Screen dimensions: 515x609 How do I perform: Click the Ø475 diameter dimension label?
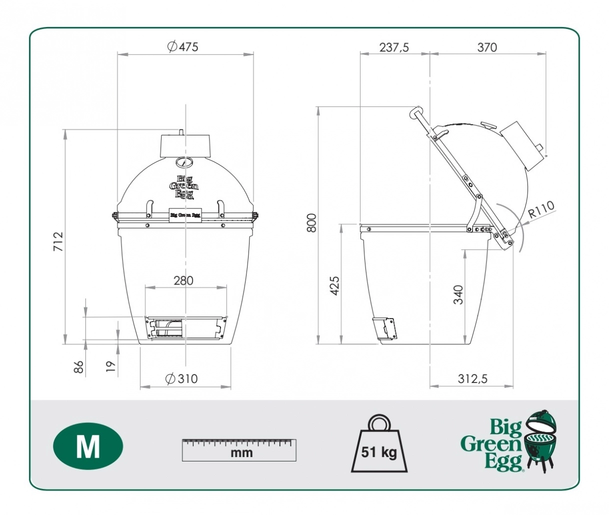183,47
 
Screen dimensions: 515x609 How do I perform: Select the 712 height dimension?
58,241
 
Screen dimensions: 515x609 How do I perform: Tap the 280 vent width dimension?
183,280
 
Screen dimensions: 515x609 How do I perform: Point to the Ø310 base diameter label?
182,378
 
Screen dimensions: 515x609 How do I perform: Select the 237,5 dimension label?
394,47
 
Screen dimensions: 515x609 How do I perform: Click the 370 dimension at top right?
487,47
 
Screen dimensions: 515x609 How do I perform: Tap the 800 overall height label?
311,223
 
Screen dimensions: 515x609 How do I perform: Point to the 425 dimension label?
335,285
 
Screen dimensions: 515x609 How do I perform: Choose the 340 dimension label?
458,295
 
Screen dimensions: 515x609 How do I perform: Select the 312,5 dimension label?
472,379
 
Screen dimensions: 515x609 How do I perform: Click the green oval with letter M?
88,445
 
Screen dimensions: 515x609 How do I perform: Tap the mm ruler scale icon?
239,449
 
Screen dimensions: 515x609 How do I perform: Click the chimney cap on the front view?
185,145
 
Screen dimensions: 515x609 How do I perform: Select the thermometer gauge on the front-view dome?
185,163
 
